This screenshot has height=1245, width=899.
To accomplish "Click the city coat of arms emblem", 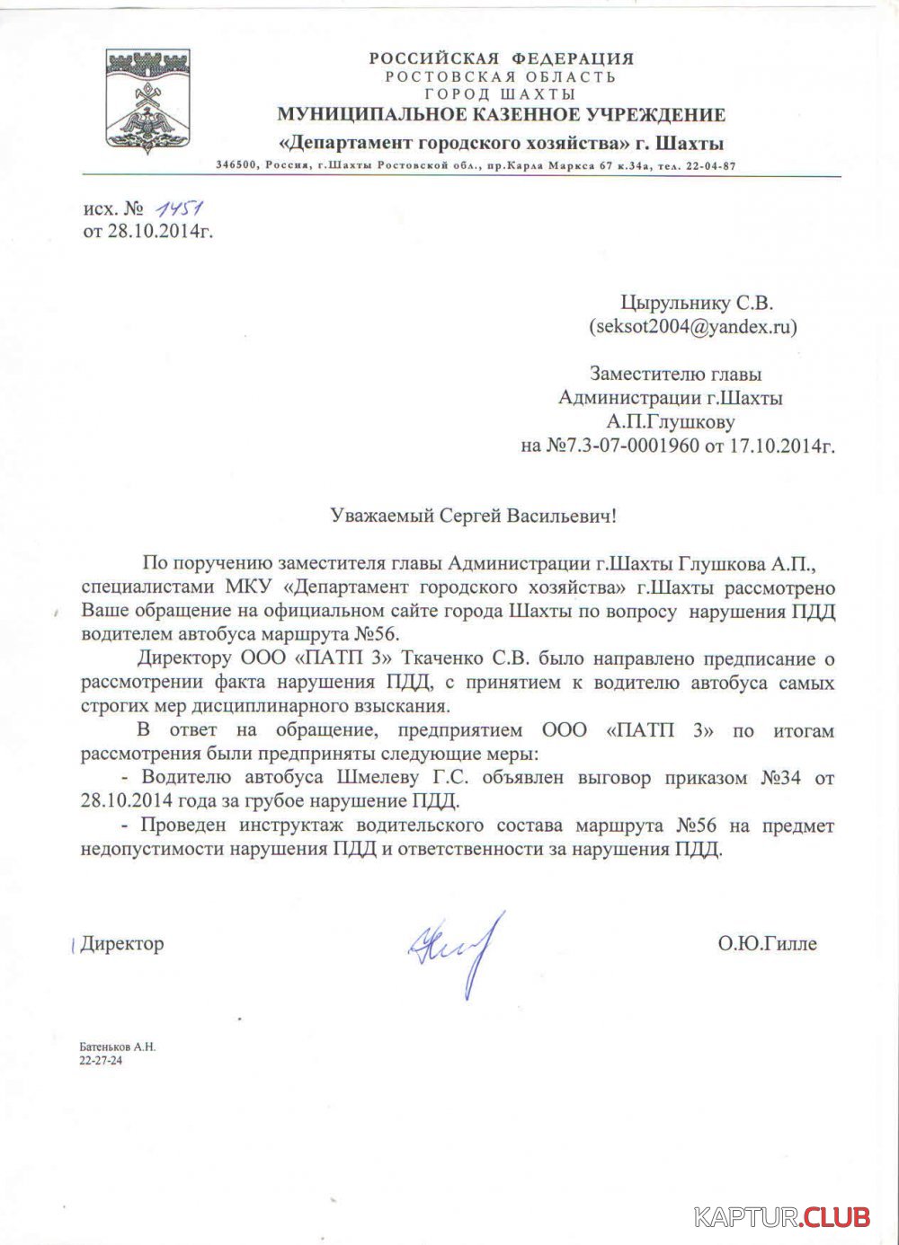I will click(x=148, y=102).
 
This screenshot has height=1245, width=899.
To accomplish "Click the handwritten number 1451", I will click(x=178, y=208).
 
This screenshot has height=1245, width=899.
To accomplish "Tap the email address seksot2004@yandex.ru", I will click(x=692, y=327).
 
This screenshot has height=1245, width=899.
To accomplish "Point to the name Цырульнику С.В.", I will click(x=696, y=304).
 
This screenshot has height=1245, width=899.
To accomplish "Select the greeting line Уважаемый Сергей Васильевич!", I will click(x=475, y=516).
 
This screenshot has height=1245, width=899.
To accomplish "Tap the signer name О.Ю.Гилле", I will click(x=767, y=943).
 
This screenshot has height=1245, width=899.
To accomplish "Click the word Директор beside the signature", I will click(x=122, y=943).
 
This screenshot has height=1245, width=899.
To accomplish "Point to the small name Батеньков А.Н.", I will click(x=117, y=1047).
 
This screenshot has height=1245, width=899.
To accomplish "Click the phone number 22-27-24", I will click(x=101, y=1060).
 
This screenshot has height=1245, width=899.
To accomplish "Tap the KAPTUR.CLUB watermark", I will click(x=782, y=1217).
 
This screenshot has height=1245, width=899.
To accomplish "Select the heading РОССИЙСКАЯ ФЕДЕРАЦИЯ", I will click(x=501, y=58).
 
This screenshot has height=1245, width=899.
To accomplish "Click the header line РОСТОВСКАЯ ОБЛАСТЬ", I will click(x=501, y=76).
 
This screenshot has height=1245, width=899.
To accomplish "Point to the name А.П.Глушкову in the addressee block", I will click(x=671, y=421).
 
